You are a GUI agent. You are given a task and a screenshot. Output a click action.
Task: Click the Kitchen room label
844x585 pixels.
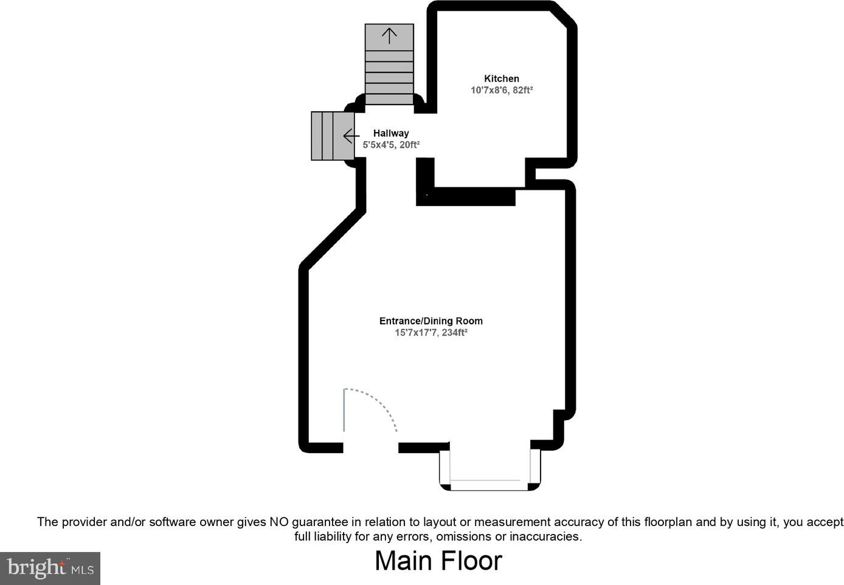(x=502, y=78)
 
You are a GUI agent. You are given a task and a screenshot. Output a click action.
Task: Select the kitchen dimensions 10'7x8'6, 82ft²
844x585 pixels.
(x=502, y=91)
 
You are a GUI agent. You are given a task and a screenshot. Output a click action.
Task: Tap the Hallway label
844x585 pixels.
(x=391, y=133)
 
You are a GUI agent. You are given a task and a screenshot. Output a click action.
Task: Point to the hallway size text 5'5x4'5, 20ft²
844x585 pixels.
(x=391, y=145)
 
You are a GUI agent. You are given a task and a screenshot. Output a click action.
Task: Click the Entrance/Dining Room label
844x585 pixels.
(x=431, y=321)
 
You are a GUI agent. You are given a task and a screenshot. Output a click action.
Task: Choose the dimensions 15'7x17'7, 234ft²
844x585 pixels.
(x=431, y=333)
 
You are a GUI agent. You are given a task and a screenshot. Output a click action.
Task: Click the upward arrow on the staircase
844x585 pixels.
(x=389, y=36)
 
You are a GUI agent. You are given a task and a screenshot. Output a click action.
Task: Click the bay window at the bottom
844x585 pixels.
(x=490, y=468)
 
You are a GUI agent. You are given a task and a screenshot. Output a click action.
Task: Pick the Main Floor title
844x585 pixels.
(x=438, y=561)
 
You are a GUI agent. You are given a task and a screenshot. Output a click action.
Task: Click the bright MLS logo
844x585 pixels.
(x=50, y=569)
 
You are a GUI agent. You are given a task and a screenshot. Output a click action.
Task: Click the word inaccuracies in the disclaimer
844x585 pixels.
(x=546, y=536)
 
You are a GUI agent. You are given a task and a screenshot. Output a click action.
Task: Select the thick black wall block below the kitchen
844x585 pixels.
(x=465, y=196)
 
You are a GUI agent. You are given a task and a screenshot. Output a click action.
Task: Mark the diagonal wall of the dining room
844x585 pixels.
(x=332, y=239)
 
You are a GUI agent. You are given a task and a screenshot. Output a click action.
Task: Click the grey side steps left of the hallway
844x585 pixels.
(x=333, y=136)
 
